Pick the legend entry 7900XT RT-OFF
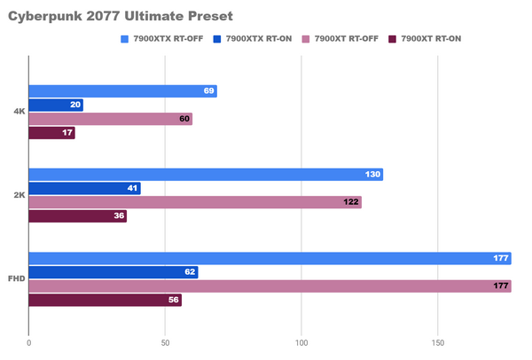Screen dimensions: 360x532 (348, 39)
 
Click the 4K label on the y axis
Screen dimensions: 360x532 (19, 112)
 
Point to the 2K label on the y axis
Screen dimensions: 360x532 (19, 195)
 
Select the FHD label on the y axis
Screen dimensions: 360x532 (17, 278)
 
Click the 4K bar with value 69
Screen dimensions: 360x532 (122, 91)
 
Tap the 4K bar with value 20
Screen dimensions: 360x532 (56, 105)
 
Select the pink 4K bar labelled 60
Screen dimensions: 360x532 (110, 119)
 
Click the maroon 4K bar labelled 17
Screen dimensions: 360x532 (51, 133)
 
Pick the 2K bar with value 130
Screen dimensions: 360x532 (206, 175)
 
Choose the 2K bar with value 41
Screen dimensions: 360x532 (84, 188)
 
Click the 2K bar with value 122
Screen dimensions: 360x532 (195, 202)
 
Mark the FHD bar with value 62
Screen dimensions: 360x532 (113, 272)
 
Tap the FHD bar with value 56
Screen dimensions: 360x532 (105, 300)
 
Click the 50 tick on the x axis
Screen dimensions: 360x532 (165, 342)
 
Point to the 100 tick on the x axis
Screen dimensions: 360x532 (301, 342)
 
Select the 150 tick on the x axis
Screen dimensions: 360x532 (438, 342)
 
